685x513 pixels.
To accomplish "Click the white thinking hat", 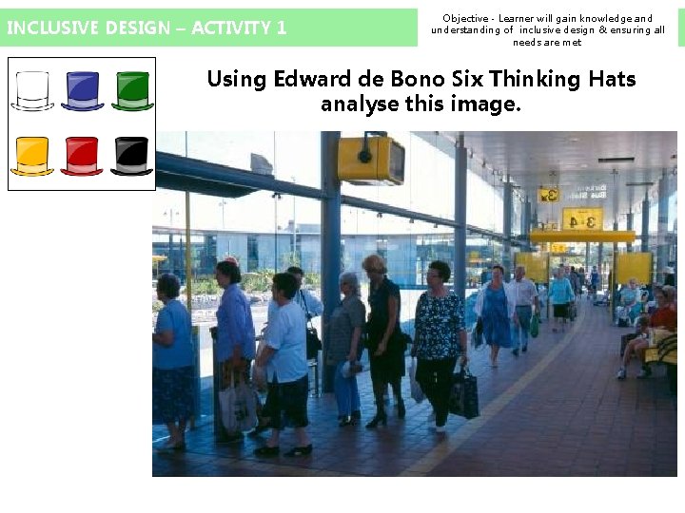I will [32, 91].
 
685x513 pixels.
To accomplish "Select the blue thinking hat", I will [83, 91].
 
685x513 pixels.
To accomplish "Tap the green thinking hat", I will [132, 91].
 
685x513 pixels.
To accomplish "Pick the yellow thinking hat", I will [32, 156].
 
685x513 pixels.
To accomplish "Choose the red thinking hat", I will [82, 156].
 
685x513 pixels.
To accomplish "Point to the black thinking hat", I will [131, 156].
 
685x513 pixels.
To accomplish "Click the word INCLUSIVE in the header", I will [47, 28].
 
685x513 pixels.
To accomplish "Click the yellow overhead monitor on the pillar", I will [370, 160].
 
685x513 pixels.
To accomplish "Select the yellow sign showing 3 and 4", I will [582, 219].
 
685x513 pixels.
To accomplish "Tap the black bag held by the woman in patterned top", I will [464, 393].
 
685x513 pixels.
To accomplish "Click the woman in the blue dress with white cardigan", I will [496, 313].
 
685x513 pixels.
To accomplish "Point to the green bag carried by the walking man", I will [535, 325].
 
